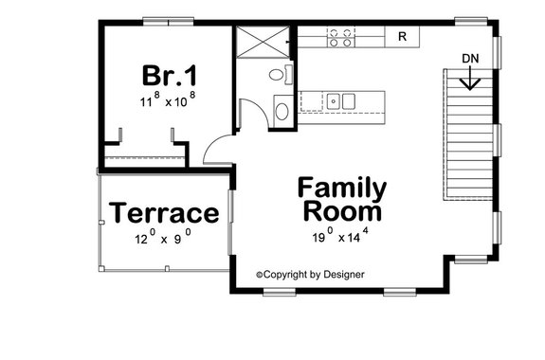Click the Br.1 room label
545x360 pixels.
pos(167,75)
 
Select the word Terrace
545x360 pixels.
pos(164,213)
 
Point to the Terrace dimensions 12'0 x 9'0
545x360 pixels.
pos(162,239)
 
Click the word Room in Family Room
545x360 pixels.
pos(341,211)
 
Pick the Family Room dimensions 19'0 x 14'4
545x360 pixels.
pos(342,238)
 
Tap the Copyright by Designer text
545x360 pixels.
pos(310,275)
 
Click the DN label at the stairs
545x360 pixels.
pos(471,59)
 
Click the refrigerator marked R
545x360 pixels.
pos(402,37)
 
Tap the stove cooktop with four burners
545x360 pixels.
pos(341,37)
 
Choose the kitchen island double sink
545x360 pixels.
pos(340,100)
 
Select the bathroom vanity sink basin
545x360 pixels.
pos(282,111)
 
